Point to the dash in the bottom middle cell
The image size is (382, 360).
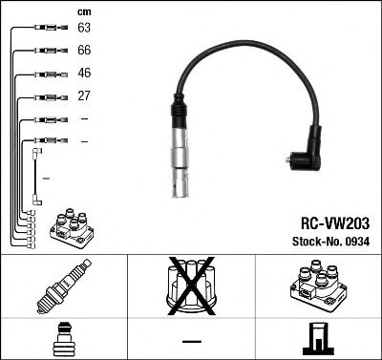191,341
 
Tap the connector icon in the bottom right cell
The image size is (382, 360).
318,339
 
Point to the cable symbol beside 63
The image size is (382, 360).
44,30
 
